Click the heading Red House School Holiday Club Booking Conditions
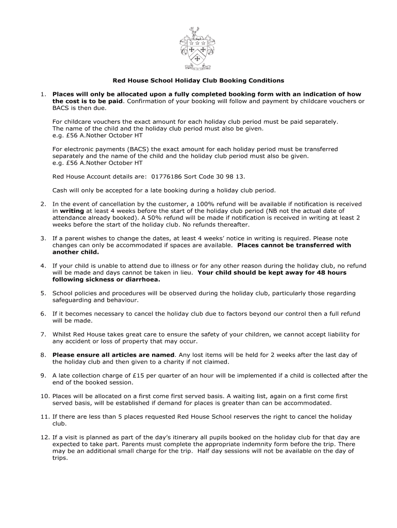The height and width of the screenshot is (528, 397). click(198, 81)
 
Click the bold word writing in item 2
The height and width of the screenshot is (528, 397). click(72, 211)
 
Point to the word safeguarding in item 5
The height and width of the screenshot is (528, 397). click(77, 300)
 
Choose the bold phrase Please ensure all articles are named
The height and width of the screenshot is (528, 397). click(113, 355)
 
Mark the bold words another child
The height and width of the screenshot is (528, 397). click(75, 252)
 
